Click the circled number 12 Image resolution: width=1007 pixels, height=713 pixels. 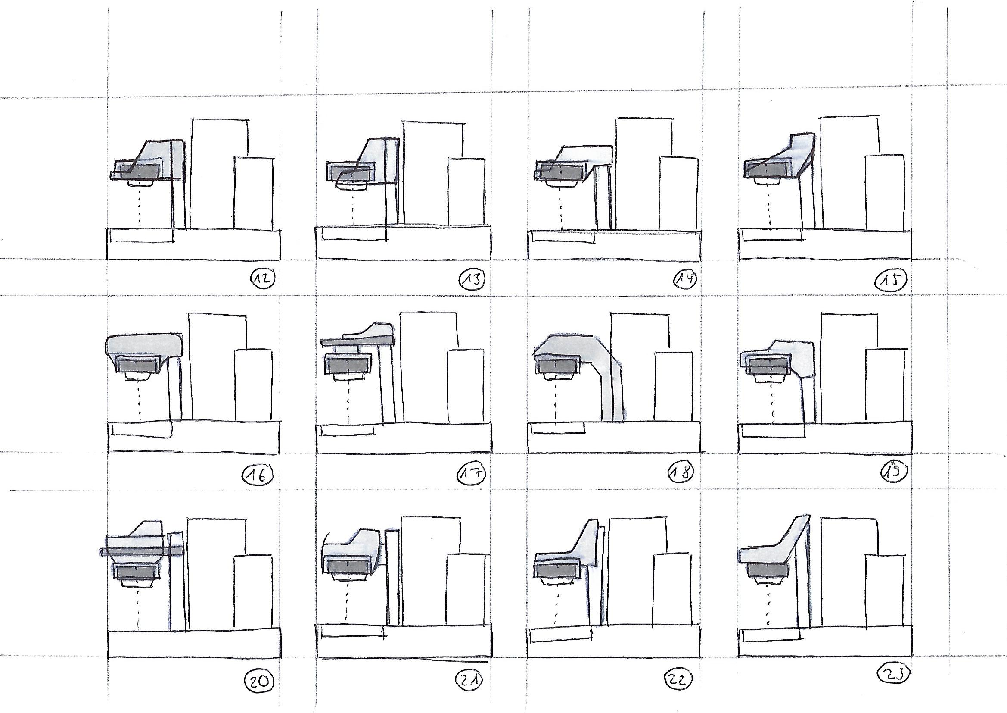tap(262, 278)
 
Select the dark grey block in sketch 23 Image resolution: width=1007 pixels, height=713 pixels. tap(768, 570)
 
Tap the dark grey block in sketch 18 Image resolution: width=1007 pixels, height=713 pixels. tap(557, 365)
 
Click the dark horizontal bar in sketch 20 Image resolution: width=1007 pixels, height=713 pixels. tap(141, 551)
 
